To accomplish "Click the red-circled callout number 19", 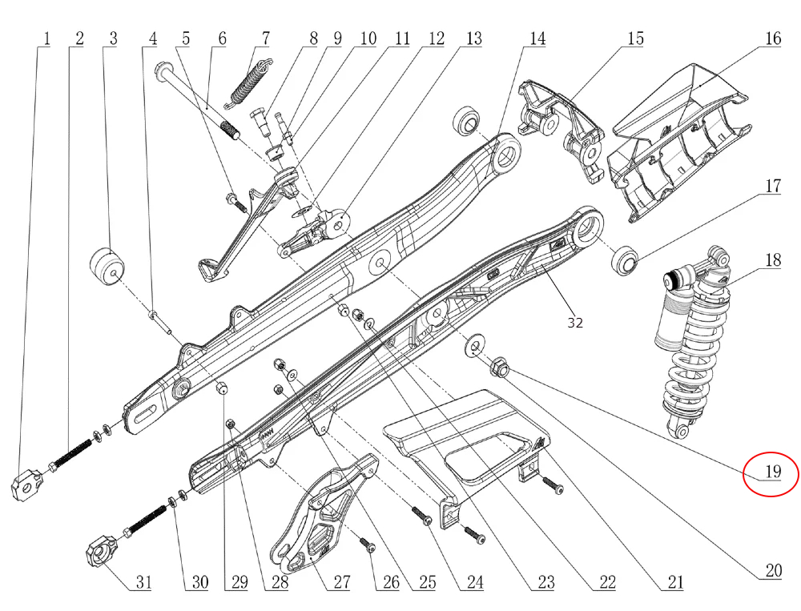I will point(771,472).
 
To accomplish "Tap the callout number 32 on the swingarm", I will point(575,323).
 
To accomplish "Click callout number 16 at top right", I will point(772,38).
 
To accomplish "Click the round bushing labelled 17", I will point(624,261).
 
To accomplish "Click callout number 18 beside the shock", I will point(772,261).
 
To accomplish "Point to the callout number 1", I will point(46,38).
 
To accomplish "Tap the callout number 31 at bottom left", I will point(142,583).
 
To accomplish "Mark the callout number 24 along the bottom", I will point(475,583).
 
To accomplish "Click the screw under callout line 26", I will point(368,546).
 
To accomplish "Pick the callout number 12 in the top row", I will point(436,38).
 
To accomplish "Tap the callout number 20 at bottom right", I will point(772,571).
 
